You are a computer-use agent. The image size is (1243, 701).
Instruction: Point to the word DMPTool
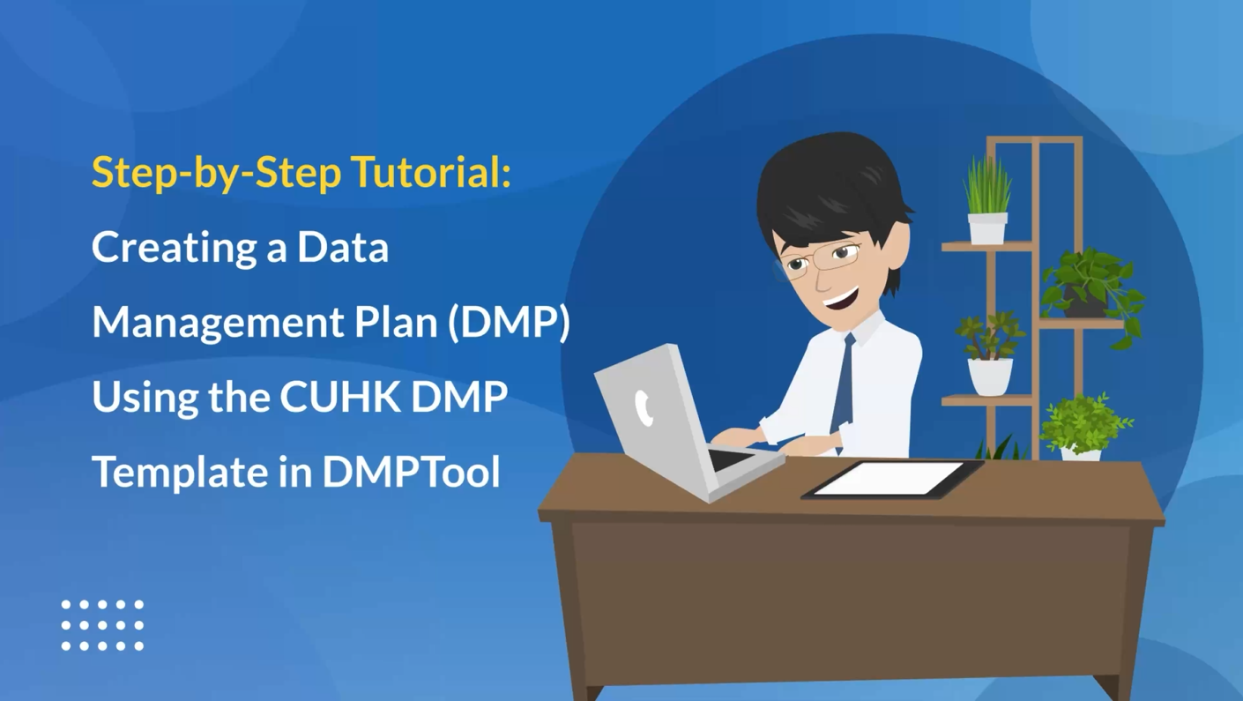[411, 472]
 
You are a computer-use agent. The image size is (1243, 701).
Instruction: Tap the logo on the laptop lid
[644, 408]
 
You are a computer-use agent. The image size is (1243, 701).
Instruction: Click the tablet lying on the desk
[892, 479]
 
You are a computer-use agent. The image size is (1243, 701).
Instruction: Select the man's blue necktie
[844, 389]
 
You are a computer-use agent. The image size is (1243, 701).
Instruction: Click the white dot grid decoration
[102, 625]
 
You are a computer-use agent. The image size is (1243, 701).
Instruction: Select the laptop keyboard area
[732, 460]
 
